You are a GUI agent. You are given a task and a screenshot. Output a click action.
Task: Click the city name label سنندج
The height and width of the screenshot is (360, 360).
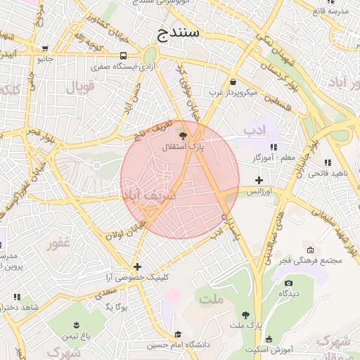point(179,32)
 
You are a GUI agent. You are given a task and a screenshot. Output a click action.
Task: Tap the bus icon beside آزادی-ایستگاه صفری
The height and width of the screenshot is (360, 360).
point(124,56)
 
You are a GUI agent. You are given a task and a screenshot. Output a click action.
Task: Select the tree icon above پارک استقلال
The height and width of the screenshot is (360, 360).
point(184,136)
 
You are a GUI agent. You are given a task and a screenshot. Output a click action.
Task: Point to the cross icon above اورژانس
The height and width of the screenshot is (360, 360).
point(259,180)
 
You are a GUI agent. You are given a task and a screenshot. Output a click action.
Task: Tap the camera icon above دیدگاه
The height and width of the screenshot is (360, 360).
point(288,283)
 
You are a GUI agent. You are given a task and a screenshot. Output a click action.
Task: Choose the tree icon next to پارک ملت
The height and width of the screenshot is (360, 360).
point(245,316)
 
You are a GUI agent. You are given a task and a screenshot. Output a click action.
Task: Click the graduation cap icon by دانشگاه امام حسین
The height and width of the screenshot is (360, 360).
point(179,335)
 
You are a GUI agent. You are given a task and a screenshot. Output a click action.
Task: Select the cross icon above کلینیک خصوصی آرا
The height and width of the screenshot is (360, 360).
point(137,266)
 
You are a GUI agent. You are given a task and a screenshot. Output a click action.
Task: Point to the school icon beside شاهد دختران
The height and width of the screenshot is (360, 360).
point(17,297)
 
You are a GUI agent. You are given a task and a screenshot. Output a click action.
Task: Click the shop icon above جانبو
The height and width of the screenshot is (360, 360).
point(46,49)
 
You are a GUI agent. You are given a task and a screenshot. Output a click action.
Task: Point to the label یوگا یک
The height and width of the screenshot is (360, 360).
point(114,306)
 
